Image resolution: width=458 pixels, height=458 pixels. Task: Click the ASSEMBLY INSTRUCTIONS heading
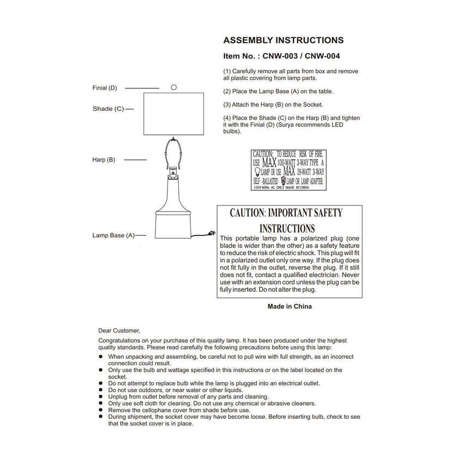click(284, 40)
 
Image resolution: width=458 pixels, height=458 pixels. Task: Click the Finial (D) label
click(105, 88)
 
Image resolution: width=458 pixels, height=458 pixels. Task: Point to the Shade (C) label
click(109, 109)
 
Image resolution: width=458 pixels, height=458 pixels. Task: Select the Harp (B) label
click(104, 160)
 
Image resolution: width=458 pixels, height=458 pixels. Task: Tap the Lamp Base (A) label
click(113, 236)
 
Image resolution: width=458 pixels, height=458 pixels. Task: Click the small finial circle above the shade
click(174, 87)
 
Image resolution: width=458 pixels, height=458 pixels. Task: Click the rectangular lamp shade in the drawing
click(173, 114)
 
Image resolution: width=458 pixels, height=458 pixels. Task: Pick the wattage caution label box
click(288, 170)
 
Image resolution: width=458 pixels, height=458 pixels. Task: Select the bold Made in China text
click(290, 306)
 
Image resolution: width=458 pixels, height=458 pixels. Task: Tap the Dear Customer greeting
click(119, 330)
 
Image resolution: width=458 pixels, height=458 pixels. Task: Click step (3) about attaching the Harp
click(273, 104)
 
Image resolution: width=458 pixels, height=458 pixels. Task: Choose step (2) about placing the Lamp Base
click(278, 91)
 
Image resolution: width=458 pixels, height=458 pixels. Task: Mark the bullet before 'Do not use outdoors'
click(101, 390)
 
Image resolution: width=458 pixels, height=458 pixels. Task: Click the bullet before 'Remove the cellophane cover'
click(101, 409)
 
